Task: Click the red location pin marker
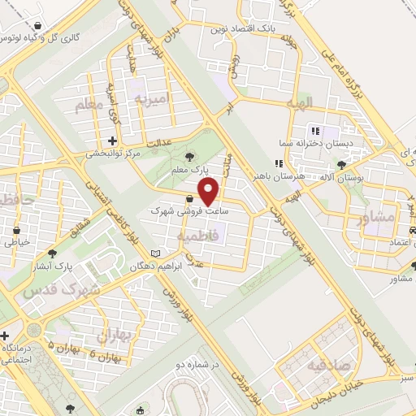click(210, 193)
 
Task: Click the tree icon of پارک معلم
click(190, 155)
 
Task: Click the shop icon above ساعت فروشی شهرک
click(188, 198)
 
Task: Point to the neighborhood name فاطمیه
click(195, 235)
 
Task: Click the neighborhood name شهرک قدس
click(61, 290)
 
